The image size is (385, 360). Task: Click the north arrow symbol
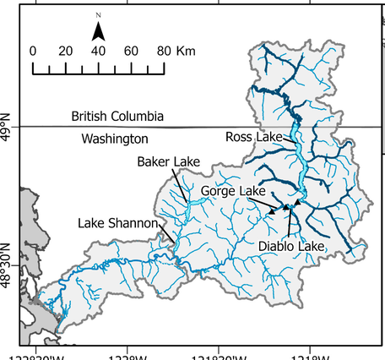pyautogui.click(x=98, y=31)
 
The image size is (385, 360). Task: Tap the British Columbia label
pyautogui.click(x=117, y=115)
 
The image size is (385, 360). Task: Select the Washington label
pyautogui.click(x=115, y=138)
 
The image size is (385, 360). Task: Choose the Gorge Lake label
pyautogui.click(x=233, y=192)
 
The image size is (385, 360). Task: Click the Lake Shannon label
pyautogui.click(x=118, y=224)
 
